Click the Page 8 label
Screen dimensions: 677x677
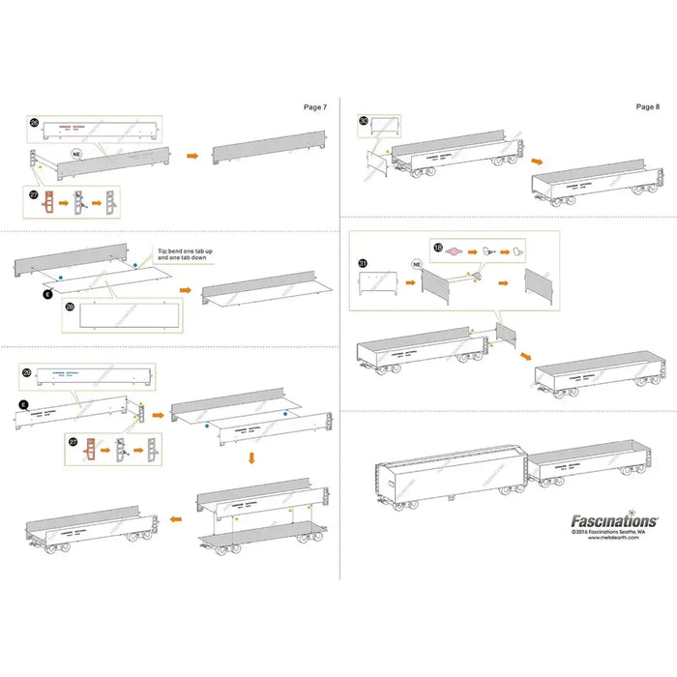coord(648,107)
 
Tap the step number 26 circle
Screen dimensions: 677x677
coord(34,124)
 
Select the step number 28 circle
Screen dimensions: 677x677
coord(69,307)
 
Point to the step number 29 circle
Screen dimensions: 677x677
coord(27,372)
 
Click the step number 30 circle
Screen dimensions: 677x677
coord(364,122)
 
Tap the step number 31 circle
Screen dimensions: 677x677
coord(364,263)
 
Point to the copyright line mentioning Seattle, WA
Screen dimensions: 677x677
coord(614,531)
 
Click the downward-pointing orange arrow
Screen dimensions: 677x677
coord(250,457)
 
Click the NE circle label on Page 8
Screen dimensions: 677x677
coord(417,263)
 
